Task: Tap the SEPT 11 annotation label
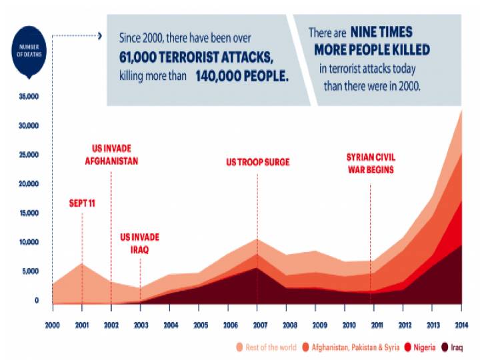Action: (82, 203)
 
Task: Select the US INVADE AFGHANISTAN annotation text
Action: (111, 155)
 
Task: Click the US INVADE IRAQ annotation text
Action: (139, 243)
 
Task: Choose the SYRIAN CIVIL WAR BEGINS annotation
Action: (370, 163)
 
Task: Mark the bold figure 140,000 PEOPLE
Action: (242, 76)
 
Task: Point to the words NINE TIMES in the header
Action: (381, 32)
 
